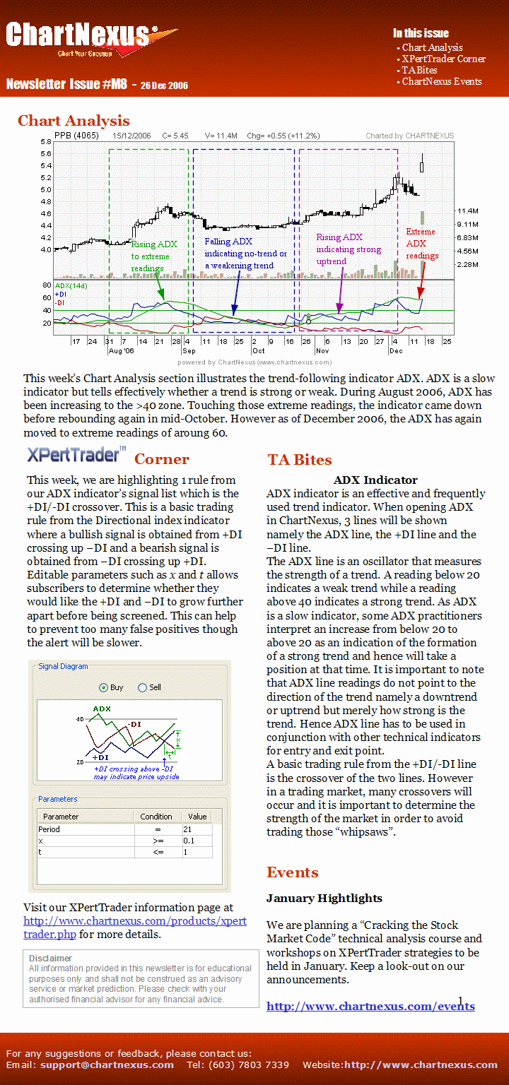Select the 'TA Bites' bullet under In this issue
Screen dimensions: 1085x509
[x=419, y=70]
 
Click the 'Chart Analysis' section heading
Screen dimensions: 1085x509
[x=74, y=121]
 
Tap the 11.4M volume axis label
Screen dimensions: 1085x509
[x=468, y=211]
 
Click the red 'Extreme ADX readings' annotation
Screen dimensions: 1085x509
[x=421, y=244]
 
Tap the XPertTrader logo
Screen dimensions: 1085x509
[x=76, y=454]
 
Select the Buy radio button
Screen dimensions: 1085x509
[x=104, y=687]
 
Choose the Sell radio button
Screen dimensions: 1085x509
[x=142, y=687]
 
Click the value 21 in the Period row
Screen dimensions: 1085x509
[x=187, y=829]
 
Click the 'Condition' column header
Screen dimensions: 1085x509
[x=156, y=817]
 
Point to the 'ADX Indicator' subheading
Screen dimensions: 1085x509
[x=375, y=480]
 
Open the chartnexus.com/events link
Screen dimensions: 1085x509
[x=370, y=1007]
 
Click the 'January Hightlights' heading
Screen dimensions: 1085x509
[x=324, y=899]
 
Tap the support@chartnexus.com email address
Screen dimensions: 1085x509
[x=107, y=1065]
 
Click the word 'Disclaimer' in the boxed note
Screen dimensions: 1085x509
[x=51, y=958]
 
